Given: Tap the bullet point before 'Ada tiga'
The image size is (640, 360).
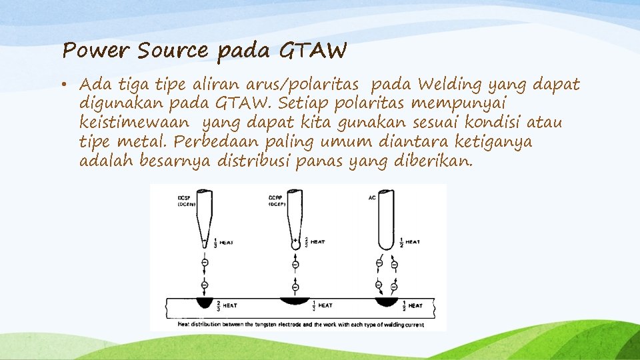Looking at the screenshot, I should click(x=69, y=85).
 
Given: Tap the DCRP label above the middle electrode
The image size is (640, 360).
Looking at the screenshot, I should click(x=277, y=198).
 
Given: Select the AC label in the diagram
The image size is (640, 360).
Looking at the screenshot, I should click(x=372, y=198).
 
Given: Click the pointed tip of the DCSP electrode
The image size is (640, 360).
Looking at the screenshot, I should click(x=203, y=247).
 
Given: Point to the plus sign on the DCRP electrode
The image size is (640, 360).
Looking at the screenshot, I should click(x=295, y=239).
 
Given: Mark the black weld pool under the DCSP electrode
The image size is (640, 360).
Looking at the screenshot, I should click(x=203, y=303).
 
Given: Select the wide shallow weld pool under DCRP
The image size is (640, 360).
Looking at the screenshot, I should click(x=295, y=301).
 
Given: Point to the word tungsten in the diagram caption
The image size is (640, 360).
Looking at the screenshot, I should click(x=267, y=324).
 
